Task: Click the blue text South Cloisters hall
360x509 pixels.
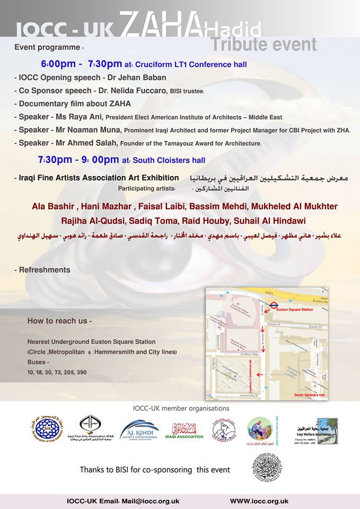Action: (x=169, y=160)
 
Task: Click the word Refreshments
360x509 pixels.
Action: (x=45, y=270)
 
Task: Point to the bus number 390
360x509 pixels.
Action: (x=82, y=372)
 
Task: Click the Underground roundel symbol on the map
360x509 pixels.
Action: (x=274, y=305)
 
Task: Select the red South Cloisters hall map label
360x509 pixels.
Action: (x=310, y=394)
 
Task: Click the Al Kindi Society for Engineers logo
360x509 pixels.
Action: (x=139, y=429)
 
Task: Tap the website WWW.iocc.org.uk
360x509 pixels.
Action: (x=259, y=501)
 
